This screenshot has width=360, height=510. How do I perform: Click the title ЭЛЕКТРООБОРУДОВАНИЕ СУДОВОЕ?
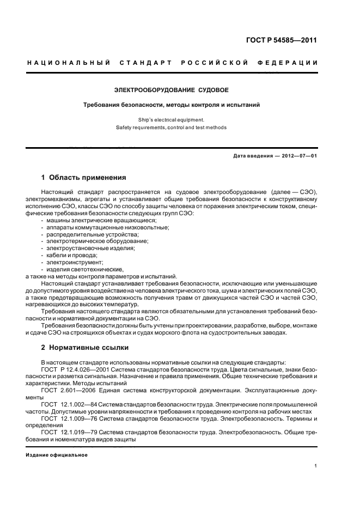click(x=171, y=89)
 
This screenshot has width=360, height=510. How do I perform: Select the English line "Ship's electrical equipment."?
click(x=171, y=119)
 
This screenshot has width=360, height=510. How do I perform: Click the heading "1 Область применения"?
click(x=84, y=177)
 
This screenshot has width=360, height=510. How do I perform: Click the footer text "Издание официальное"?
click(x=57, y=454)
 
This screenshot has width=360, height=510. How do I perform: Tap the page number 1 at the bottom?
click(x=316, y=466)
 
